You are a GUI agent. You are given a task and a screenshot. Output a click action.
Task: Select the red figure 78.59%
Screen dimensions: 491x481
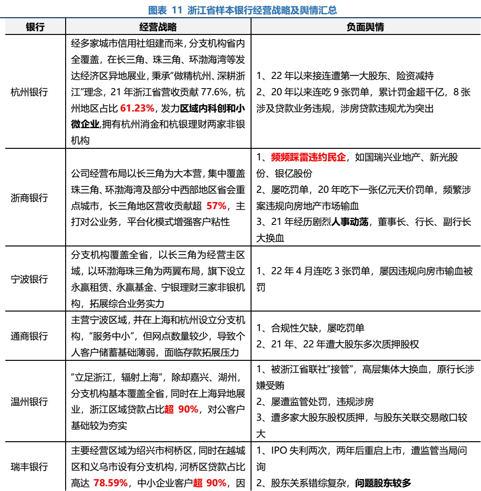tap(111, 483)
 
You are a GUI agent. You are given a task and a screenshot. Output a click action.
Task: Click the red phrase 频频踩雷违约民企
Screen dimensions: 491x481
tap(308, 157)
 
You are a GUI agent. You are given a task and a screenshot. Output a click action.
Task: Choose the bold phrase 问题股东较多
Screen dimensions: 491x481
tap(383, 483)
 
